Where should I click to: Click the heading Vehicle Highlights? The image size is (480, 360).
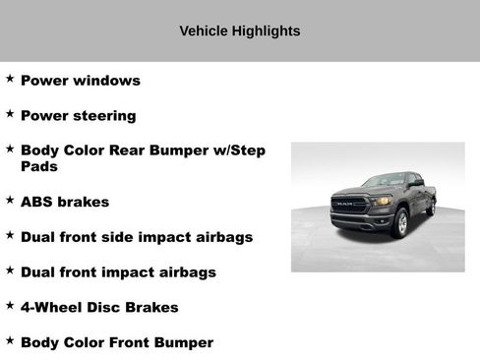tap(240, 30)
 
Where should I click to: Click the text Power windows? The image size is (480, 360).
tap(81, 81)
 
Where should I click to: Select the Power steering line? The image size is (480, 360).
tap(79, 116)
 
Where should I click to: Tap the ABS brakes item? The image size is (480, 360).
tap(65, 202)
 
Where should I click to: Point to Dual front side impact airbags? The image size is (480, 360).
tap(137, 237)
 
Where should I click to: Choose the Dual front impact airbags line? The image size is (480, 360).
tap(118, 272)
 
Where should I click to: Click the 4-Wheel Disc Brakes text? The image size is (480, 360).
tap(99, 308)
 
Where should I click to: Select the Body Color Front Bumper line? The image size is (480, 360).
tap(117, 343)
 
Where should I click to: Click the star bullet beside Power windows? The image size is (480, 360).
tap(10, 79)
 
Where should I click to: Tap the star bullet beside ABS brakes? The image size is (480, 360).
tap(10, 200)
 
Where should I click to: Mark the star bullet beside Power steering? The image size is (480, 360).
tap(10, 114)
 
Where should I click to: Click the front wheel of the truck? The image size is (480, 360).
tap(400, 223)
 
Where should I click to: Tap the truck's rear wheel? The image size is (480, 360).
tap(431, 207)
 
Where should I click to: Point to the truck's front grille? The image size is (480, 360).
tap(349, 205)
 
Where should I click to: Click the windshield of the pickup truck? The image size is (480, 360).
tap(384, 181)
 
